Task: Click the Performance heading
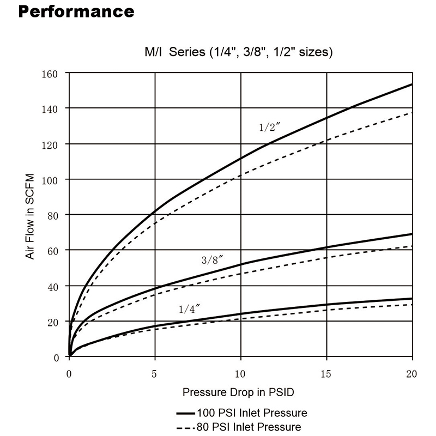click(76, 11)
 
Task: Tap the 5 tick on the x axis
click(155, 374)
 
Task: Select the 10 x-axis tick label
click(240, 374)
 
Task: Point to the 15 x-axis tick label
click(326, 374)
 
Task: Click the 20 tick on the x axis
click(411, 374)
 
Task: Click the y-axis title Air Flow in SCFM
click(31, 216)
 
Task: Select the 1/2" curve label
click(269, 128)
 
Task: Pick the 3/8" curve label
click(213, 261)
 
